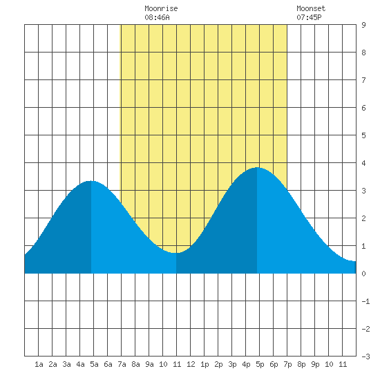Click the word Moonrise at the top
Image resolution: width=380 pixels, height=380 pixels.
point(161,8)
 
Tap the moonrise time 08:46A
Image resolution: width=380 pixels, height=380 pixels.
point(157,17)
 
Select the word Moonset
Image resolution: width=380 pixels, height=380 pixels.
point(311,8)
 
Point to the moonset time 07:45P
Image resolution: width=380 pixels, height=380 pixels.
point(309,17)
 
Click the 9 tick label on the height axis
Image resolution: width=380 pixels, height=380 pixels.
point(363,25)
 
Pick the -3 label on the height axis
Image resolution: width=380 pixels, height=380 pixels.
point(365,357)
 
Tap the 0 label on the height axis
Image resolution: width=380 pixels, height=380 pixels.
point(363,274)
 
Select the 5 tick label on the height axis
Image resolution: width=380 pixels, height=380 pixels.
point(363,135)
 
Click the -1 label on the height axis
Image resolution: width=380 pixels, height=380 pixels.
point(365,301)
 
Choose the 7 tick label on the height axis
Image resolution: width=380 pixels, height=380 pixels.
point(363,80)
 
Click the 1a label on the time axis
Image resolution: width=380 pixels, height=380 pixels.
point(39,364)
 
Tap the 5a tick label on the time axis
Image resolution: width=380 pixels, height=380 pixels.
point(94,364)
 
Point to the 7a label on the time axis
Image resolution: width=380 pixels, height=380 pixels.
point(122,364)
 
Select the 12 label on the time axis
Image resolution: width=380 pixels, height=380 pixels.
point(191,364)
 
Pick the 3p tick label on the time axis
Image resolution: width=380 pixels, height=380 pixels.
point(232,364)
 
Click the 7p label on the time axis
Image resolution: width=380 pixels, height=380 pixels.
point(287,364)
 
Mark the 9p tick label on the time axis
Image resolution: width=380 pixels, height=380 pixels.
point(315,364)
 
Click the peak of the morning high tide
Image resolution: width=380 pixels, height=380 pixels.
point(91,181)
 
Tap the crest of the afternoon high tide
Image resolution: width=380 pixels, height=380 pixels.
point(257,167)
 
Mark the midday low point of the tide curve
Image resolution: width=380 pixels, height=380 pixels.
point(176,253)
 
